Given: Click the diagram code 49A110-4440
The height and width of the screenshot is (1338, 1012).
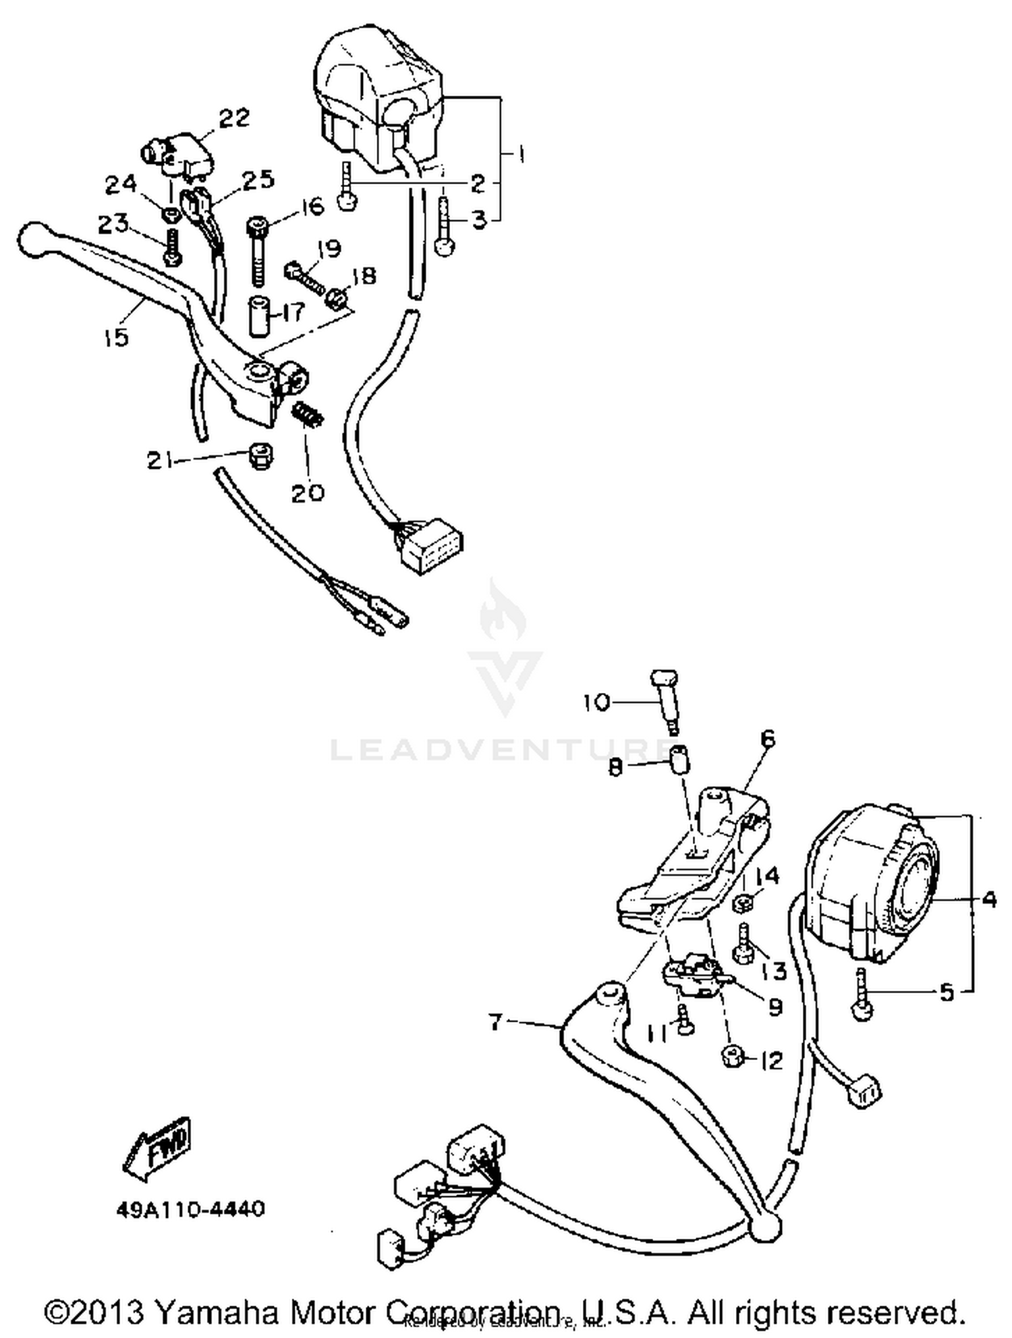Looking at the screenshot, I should (190, 1209).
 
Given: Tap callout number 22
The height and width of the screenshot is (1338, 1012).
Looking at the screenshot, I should (234, 118).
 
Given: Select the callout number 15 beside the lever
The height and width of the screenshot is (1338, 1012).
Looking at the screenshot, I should (116, 336).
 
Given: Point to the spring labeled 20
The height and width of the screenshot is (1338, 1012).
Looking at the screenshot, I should (308, 413).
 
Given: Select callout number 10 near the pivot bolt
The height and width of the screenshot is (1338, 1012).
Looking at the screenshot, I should (597, 702).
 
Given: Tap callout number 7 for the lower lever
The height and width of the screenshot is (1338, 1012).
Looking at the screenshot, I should (496, 1022).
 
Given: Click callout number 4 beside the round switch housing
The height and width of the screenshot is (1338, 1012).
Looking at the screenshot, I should (988, 899).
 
